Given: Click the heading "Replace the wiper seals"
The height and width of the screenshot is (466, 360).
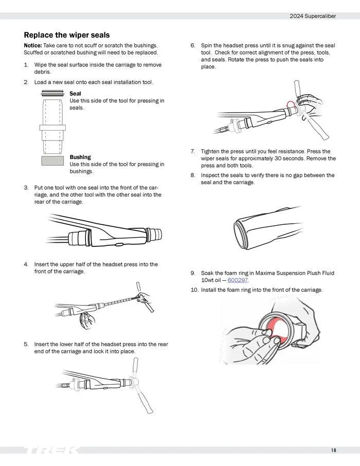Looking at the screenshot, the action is click(x=66, y=35).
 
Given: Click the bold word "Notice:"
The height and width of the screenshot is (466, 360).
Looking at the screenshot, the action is click(x=33, y=45).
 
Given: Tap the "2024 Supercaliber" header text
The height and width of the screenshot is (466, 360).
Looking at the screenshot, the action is click(x=313, y=16).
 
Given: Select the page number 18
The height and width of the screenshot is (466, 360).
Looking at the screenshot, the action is click(x=334, y=450).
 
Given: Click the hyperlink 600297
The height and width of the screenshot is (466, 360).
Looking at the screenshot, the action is click(x=238, y=280).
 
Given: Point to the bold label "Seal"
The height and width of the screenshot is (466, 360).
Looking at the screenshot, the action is click(x=75, y=93).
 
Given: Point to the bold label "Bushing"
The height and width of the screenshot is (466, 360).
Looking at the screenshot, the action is click(x=80, y=157).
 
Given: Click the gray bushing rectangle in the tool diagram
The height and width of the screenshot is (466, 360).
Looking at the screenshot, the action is click(x=52, y=161).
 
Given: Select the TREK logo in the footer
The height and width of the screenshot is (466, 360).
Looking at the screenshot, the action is click(x=51, y=450).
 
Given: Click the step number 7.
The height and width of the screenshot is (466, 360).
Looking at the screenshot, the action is click(x=193, y=151).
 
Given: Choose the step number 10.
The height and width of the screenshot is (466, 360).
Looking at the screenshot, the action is click(x=194, y=290).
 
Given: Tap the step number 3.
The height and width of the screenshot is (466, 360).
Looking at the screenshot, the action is click(x=26, y=188).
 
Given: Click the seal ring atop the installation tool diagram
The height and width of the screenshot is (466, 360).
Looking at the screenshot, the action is click(x=52, y=93).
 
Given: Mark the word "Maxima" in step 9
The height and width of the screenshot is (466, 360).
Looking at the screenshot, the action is click(x=265, y=273).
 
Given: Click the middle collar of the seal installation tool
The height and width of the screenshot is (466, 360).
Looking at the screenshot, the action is click(x=52, y=128).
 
